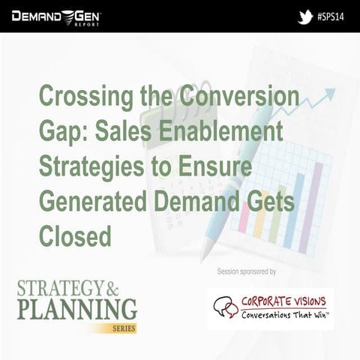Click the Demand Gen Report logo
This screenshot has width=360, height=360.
pos(55,16)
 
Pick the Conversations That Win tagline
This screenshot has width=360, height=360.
pos(286,314)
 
